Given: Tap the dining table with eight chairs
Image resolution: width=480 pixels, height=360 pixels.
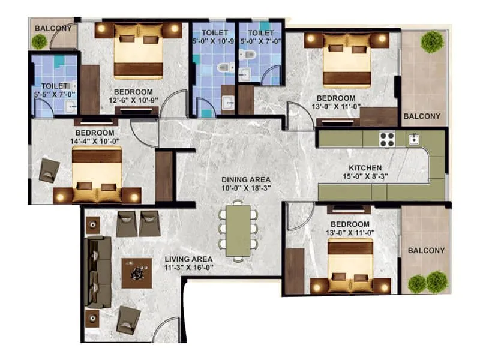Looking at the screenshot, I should [239, 230].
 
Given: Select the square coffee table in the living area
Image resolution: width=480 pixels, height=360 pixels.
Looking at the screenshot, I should [137, 273].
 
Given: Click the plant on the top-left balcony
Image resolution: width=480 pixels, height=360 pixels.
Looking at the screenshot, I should [40, 41].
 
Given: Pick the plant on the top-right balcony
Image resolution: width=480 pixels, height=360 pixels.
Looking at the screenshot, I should [431, 41].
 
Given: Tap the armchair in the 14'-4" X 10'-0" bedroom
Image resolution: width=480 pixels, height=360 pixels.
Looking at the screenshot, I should [49, 170].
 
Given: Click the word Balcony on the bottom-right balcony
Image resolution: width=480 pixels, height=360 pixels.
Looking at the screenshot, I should [426, 250].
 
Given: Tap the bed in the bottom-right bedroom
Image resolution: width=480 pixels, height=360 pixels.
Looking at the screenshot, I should [350, 264].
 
